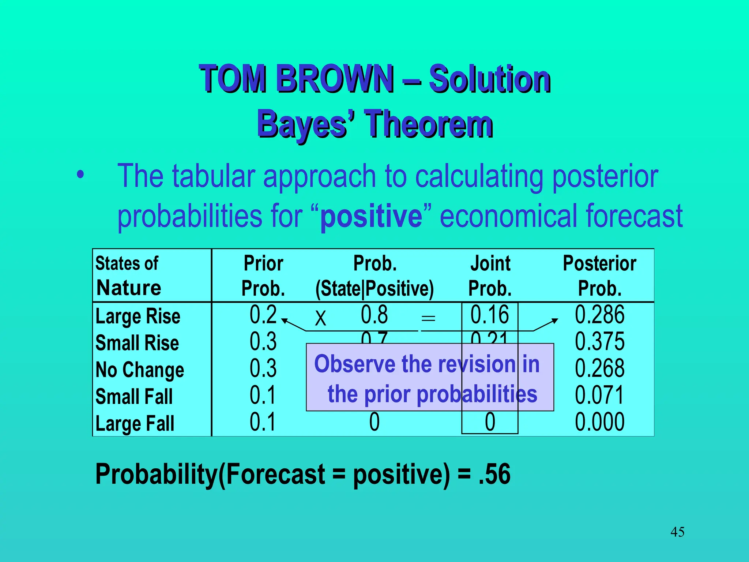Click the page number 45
pos(677,532)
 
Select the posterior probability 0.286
pos(599,315)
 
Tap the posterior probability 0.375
pos(599,342)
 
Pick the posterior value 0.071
pos(599,395)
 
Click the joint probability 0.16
pos(489,315)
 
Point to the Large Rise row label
pos(138,316)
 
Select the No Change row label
pos(140,370)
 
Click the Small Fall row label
pos(134,397)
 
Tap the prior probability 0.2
pos(263,315)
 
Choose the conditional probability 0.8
pos(374,315)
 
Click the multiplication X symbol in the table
pos(320,318)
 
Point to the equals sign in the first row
pos(428,318)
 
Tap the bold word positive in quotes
pos(371,217)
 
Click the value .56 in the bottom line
pos(494,474)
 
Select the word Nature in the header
pos(129,288)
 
